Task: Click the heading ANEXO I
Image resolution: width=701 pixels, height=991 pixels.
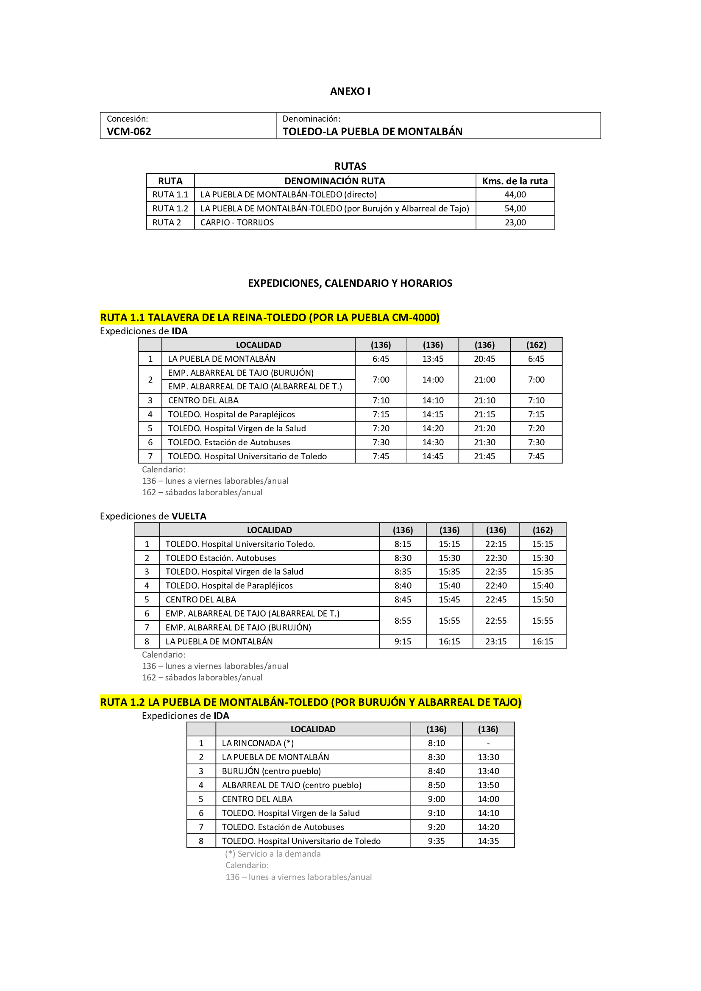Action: [x=350, y=91]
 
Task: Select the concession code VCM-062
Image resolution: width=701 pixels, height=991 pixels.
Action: [x=129, y=131]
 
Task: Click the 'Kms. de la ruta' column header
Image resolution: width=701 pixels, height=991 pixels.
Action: [x=515, y=181]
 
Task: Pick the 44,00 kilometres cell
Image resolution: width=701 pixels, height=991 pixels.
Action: [x=515, y=194]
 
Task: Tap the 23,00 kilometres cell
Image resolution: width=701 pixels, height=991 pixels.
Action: [x=515, y=222]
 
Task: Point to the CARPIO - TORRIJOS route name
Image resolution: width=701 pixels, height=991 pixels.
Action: [x=237, y=222]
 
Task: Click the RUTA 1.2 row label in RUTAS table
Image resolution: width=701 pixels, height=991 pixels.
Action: [x=170, y=208]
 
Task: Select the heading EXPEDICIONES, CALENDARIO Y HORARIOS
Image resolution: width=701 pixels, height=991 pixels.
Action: [x=350, y=283]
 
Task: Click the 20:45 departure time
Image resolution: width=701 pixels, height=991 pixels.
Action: [x=484, y=359]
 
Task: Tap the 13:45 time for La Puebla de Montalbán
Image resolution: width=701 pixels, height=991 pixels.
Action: [x=433, y=359]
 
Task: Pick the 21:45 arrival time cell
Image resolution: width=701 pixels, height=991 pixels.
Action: [x=484, y=456]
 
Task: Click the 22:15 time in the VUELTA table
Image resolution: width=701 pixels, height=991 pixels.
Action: [x=496, y=544]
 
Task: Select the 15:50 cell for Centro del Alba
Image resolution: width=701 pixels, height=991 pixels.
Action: [x=542, y=600]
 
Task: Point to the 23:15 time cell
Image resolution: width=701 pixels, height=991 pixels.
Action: [x=496, y=641]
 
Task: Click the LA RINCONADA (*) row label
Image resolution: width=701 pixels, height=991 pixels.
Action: [x=258, y=743]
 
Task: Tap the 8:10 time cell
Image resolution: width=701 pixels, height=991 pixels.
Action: [x=436, y=743]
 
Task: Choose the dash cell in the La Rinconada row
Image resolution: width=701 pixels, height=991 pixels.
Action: [x=488, y=743]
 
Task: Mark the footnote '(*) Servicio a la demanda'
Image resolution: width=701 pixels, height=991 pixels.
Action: [x=273, y=854]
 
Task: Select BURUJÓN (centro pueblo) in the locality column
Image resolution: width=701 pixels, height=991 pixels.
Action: [x=271, y=771]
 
